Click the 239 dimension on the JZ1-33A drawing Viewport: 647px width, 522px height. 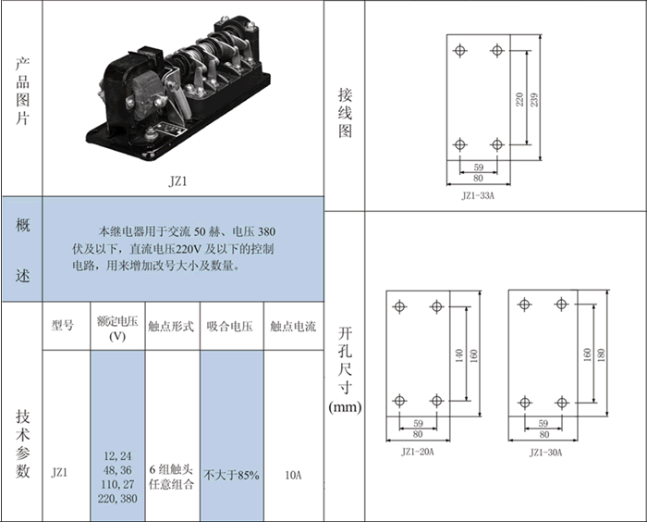[534, 100]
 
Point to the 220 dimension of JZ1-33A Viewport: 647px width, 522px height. [519, 100]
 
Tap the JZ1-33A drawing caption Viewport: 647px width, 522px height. [478, 195]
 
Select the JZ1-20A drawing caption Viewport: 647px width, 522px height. [418, 452]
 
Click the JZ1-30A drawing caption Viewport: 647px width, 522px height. [545, 453]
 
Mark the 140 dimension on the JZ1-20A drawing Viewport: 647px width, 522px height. [459, 355]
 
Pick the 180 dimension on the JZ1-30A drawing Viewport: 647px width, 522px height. [601, 354]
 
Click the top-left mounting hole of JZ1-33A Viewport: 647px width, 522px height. [459, 50]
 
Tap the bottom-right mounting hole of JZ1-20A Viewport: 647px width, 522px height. [436, 401]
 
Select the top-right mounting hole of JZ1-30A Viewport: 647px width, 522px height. [561, 304]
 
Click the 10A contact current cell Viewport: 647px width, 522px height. [293, 476]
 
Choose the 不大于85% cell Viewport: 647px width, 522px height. [231, 476]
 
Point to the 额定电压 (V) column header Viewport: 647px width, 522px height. [117, 329]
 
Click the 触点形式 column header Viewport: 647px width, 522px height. [171, 327]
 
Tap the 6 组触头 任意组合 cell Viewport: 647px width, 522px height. [171, 477]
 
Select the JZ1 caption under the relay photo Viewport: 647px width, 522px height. [177, 181]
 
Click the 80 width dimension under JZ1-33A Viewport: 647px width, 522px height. [478, 178]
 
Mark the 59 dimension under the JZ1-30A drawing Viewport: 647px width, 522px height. [543, 423]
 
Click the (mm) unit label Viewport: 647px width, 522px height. [345, 407]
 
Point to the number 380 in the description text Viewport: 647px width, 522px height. [266, 231]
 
